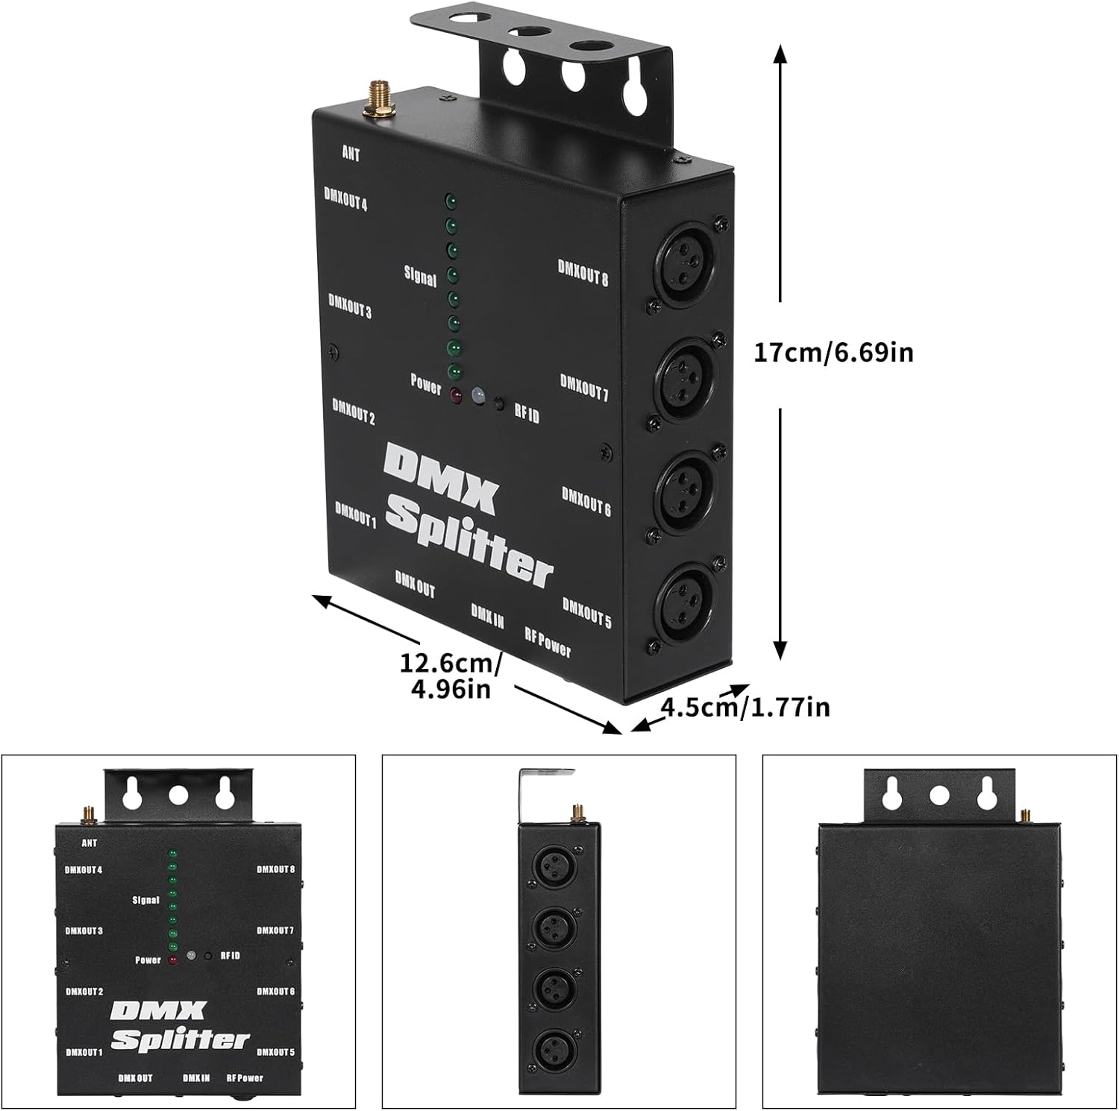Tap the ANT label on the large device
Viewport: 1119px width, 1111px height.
(351, 154)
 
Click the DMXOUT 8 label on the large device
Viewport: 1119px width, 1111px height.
(583, 273)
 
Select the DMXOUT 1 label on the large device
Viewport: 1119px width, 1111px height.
(355, 514)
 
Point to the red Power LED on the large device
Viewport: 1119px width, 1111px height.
(455, 396)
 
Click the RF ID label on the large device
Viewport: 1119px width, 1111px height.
(526, 414)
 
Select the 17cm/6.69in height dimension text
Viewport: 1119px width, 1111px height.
(833, 352)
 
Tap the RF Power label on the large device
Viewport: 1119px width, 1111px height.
(548, 642)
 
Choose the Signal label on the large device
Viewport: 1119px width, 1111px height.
(420, 276)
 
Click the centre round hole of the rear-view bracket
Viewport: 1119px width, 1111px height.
(938, 796)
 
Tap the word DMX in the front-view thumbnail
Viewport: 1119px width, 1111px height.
(157, 1012)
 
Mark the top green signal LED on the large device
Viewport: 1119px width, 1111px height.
(451, 201)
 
